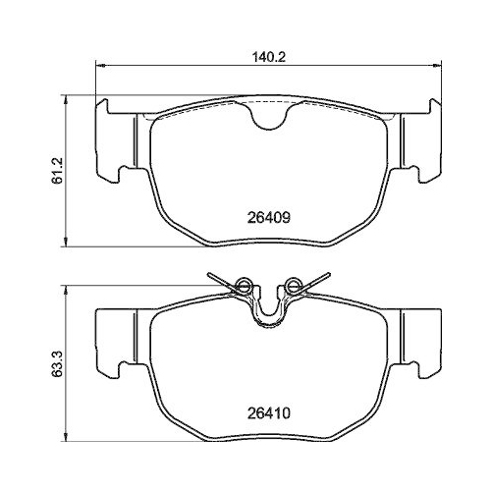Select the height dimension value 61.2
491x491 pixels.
[x=58, y=172]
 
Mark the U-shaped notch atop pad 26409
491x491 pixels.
[x=267, y=117]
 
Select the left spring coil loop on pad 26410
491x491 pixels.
[x=244, y=287]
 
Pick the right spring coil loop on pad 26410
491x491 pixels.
[x=290, y=287]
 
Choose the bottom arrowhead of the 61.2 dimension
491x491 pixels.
[x=67, y=244]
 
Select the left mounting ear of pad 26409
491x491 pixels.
[x=116, y=140]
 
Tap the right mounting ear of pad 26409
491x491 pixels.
[x=418, y=140]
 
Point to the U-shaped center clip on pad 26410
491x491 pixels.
[x=267, y=312]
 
